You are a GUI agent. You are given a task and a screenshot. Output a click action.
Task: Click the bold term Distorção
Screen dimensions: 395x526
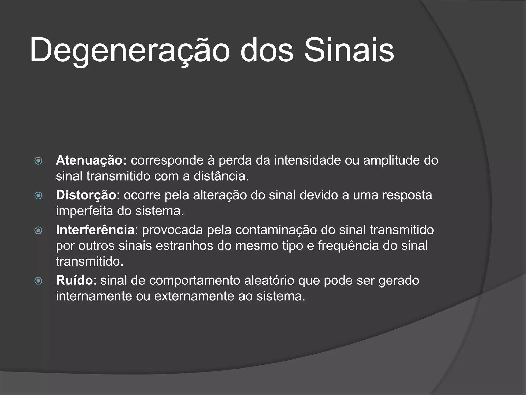point(86,195)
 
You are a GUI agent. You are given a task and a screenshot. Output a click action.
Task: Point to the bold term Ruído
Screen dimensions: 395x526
point(74,280)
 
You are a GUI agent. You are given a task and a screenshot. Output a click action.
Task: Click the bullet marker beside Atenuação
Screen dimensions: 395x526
point(38,161)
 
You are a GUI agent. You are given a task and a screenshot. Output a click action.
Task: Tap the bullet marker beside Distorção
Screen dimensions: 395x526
point(38,196)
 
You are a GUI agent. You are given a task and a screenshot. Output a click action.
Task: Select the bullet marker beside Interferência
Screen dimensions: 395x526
point(38,230)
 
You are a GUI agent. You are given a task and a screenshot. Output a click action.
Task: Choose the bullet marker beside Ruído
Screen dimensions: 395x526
point(38,281)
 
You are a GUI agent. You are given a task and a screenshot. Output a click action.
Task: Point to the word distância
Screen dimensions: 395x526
point(221,176)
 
